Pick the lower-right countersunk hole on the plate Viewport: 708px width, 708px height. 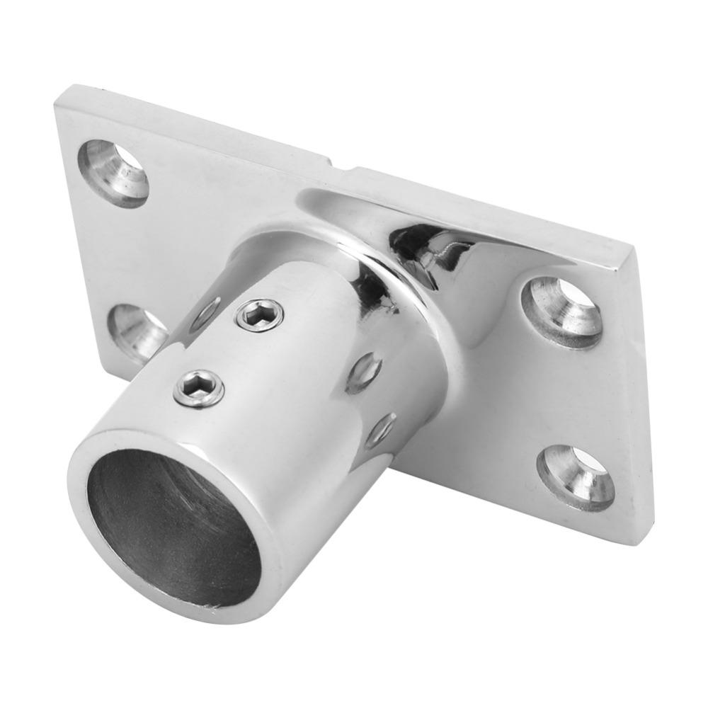coord(575,476)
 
